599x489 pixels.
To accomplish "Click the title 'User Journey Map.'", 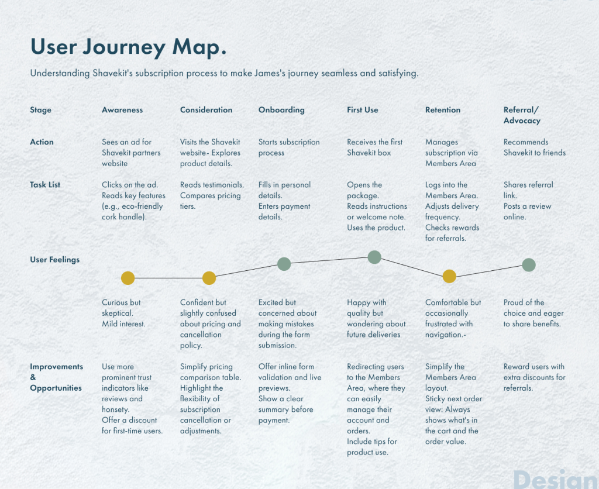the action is click(128, 48).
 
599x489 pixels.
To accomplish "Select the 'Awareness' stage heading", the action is click(122, 110).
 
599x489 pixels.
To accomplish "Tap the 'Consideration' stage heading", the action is click(206, 110).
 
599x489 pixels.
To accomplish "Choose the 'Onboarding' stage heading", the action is click(281, 110).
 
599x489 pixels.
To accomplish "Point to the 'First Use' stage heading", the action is click(363, 110).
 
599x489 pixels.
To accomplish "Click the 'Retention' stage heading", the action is click(443, 110).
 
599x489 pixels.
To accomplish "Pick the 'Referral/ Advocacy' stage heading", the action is click(522, 115).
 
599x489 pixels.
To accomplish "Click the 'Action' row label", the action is click(42, 142).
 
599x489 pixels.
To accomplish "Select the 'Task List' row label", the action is click(45, 184).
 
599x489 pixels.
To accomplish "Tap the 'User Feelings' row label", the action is click(54, 259).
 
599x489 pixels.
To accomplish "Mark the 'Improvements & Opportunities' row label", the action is click(56, 377).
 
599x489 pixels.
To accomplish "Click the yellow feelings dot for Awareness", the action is click(128, 278).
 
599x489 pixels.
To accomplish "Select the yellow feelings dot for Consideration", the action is click(209, 278).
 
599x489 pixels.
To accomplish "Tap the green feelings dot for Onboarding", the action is click(284, 264).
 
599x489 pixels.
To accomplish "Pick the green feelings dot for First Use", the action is click(374, 257).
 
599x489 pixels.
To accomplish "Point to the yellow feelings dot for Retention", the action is click(449, 276).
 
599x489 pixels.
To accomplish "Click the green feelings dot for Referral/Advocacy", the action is click(529, 265).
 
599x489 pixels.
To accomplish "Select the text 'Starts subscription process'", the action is click(289, 147).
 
